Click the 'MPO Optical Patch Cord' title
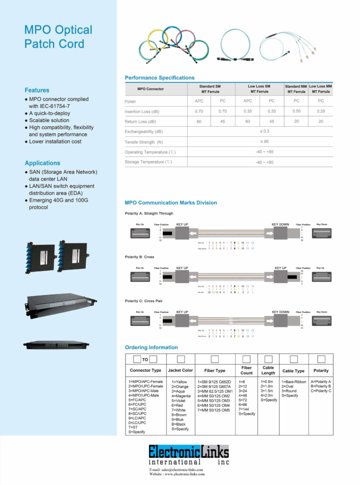58,37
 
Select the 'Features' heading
37,90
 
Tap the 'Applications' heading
43,163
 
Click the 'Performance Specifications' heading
160,78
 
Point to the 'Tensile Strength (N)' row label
144,142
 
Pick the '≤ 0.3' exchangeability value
265,131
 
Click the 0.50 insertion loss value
296,111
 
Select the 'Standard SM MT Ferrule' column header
211,89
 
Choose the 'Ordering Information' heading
152,347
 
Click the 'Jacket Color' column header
180,370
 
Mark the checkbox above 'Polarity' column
321,359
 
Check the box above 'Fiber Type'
215,359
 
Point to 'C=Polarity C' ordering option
321,391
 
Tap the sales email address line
176,470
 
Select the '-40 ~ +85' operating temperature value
265,152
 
